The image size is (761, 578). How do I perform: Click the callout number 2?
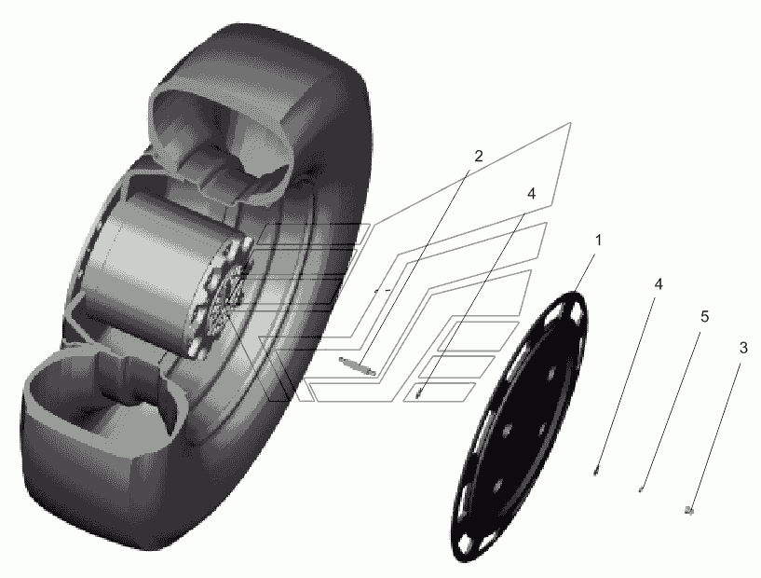pos(479,157)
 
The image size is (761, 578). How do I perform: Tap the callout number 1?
pos(598,241)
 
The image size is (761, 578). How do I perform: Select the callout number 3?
pos(743,348)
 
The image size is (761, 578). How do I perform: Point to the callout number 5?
pos(704,317)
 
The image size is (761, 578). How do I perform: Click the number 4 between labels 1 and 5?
pos(659,284)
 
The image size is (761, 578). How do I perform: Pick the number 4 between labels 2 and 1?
pos(532,194)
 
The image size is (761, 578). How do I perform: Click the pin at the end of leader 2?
pos(358,365)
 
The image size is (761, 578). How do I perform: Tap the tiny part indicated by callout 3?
pos(688,510)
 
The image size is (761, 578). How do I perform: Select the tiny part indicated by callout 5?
pos(641,489)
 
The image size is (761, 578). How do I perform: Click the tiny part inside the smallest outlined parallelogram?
pos(418,395)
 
